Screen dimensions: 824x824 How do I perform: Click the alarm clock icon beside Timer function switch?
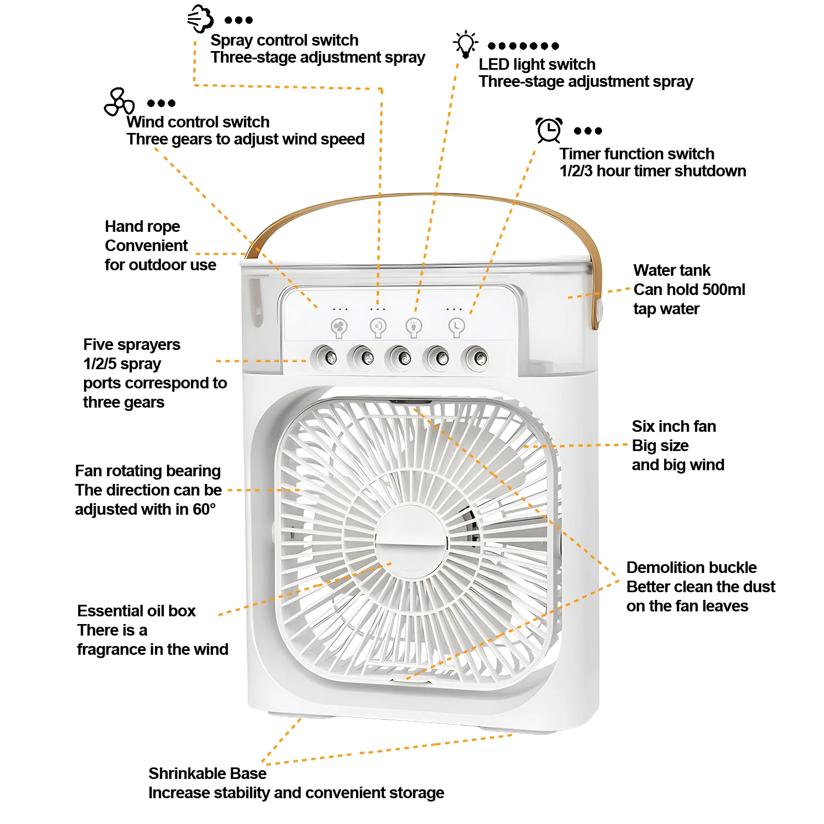click(549, 130)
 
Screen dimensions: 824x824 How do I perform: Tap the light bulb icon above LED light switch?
click(465, 44)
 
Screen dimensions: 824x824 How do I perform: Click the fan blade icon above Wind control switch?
click(119, 102)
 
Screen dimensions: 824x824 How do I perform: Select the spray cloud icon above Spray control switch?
click(200, 19)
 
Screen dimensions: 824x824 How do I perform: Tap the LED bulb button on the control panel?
click(414, 327)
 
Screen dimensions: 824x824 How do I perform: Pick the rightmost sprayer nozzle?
click(477, 359)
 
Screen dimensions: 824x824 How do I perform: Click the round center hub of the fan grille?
click(411, 541)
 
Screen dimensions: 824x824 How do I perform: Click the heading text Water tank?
click(671, 270)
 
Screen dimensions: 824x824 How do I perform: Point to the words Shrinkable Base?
click(207, 773)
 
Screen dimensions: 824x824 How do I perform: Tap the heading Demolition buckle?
click(691, 567)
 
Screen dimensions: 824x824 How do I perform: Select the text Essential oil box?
click(136, 611)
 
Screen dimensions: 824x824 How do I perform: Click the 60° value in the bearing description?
click(204, 509)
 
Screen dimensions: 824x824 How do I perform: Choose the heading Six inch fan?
click(673, 426)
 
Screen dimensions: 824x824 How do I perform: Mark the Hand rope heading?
click(142, 226)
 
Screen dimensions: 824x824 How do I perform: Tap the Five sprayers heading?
click(131, 344)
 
